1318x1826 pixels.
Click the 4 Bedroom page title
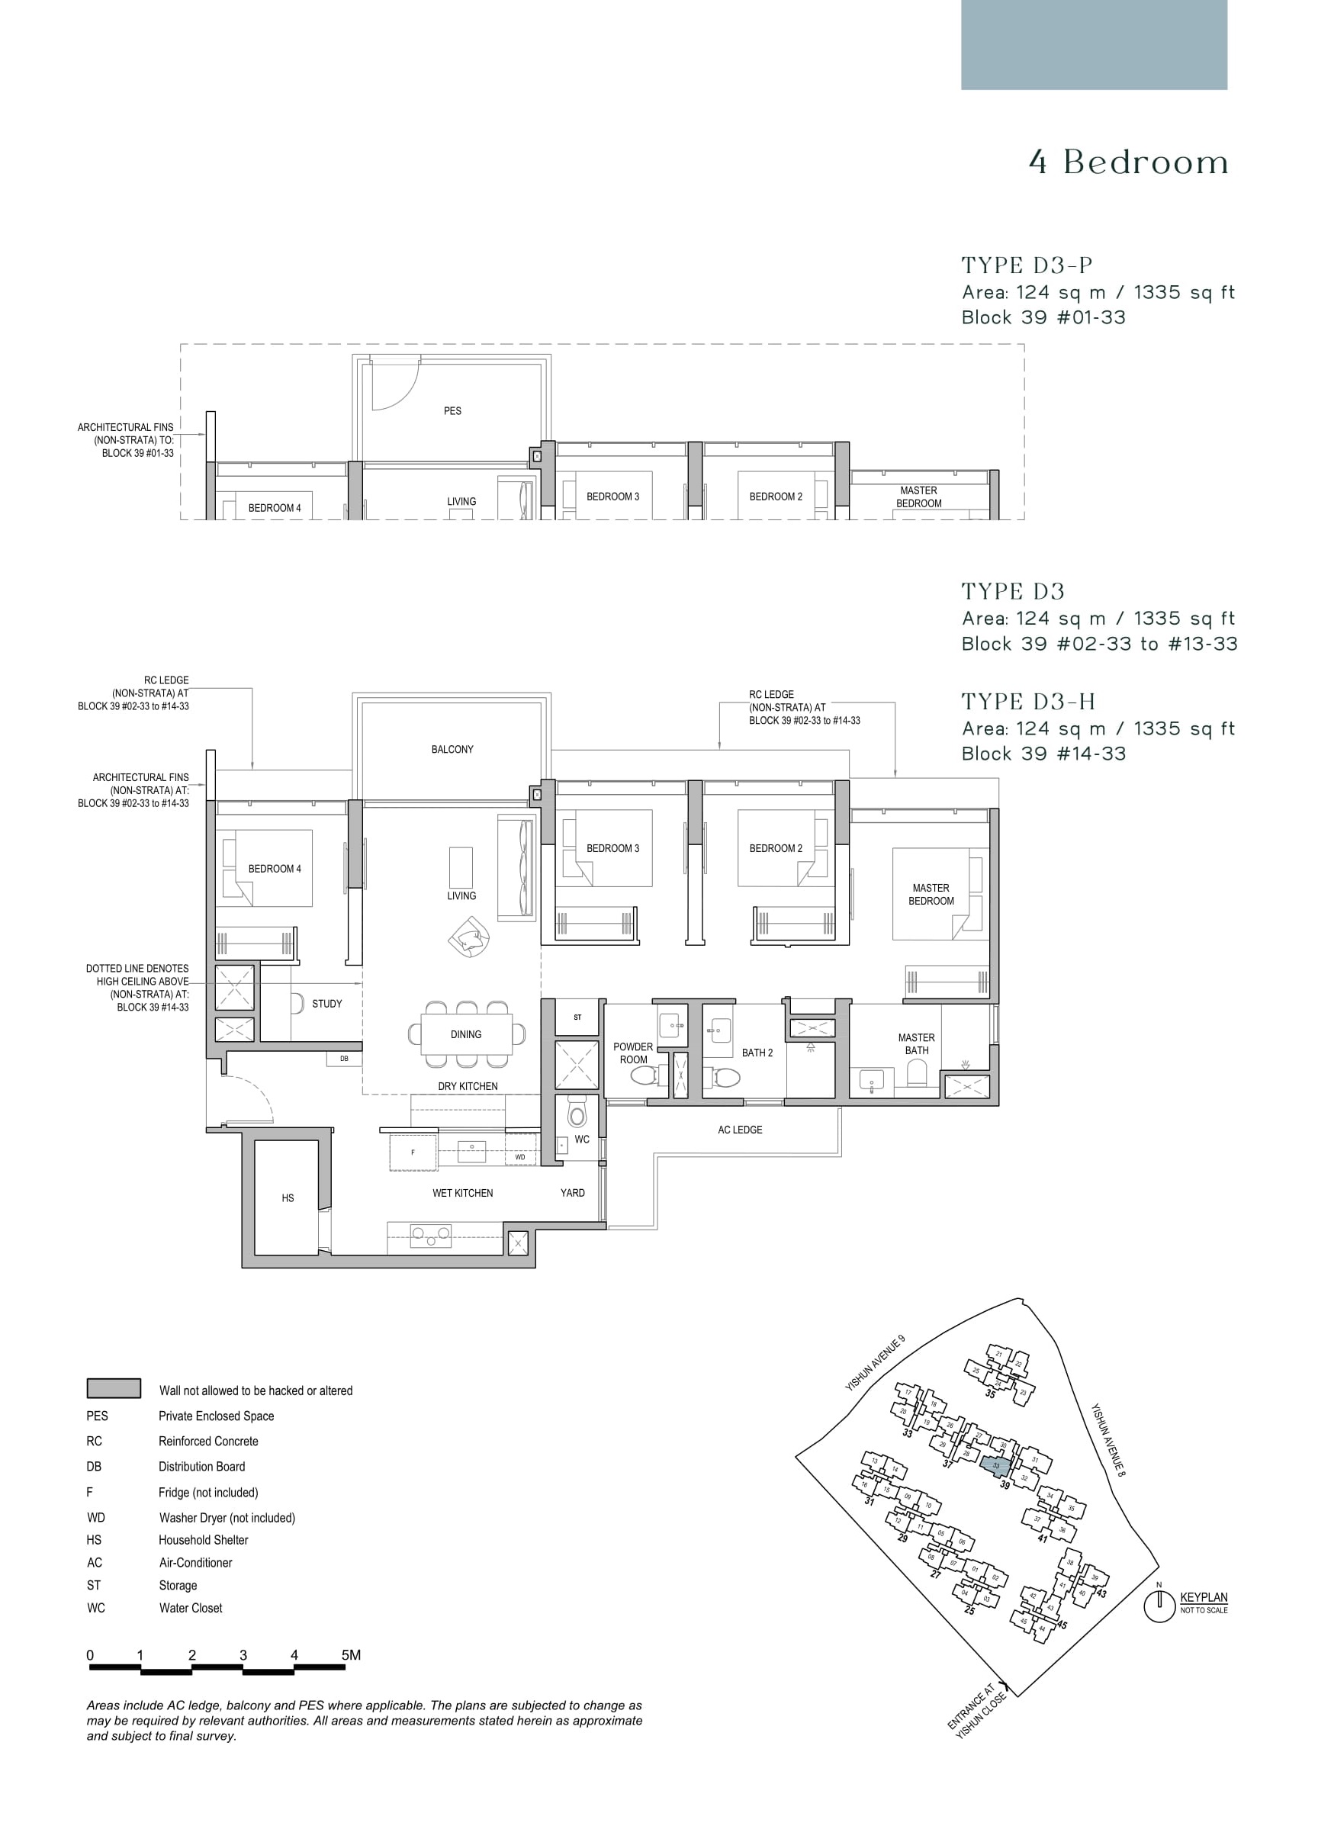click(1128, 162)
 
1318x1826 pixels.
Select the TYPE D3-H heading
click(1028, 701)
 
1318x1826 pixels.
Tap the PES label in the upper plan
click(452, 410)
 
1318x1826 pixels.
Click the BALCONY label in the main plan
click(452, 749)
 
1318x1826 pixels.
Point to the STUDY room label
click(327, 1003)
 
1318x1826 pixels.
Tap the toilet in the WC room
click(577, 1114)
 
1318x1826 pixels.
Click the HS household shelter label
click(288, 1198)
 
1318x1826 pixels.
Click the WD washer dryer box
click(520, 1157)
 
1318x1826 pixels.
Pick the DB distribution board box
click(344, 1059)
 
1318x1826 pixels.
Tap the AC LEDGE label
click(739, 1130)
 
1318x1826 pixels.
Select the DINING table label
click(465, 1034)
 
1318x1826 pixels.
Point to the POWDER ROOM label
click(633, 1053)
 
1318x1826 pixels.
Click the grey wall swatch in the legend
click(114, 1388)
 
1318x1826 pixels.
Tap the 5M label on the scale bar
click(350, 1655)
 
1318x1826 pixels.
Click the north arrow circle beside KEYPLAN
click(1159, 1607)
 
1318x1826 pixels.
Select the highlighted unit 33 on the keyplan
click(996, 1465)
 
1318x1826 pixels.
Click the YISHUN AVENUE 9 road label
click(874, 1363)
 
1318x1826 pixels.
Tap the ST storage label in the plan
click(577, 1017)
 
